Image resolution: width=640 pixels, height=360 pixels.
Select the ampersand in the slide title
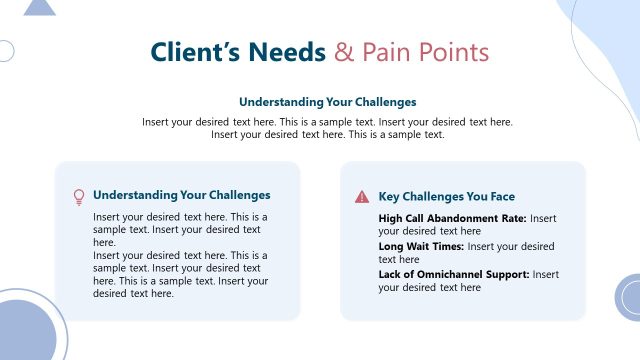point(344,52)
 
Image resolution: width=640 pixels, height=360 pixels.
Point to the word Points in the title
point(456,52)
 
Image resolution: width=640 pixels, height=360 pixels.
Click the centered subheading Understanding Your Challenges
point(327,102)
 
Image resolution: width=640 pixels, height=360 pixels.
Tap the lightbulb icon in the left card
point(78,197)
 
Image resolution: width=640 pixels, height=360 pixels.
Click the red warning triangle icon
point(361,197)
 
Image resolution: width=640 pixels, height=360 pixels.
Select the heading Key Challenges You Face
point(447,197)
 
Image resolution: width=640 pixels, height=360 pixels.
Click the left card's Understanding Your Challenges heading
point(181,196)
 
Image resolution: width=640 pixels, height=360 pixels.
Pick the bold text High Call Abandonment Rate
point(452,218)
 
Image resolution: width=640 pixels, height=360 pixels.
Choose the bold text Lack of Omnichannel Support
point(453,274)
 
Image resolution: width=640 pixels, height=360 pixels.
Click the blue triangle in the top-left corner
point(39,8)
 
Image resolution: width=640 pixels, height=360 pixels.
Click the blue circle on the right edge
point(630,298)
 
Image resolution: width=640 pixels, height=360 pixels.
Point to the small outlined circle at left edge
point(4,51)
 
